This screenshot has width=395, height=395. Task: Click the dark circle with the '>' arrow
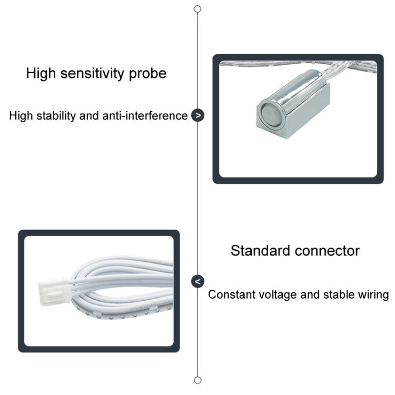coord(197,115)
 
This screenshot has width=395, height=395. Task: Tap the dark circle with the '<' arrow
coord(197,281)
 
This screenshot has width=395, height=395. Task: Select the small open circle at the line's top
coord(197,9)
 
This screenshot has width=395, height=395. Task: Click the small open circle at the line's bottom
coord(197,380)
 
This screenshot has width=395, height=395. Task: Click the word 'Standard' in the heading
coord(260,250)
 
